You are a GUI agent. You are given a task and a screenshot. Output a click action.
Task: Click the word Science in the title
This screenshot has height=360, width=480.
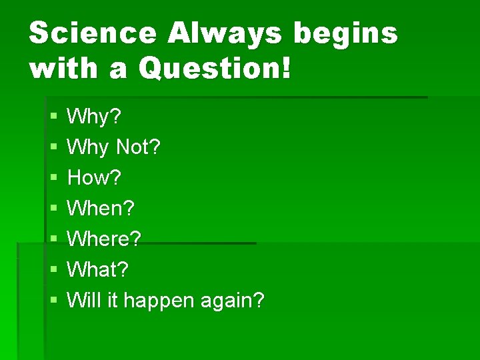pyautogui.click(x=91, y=33)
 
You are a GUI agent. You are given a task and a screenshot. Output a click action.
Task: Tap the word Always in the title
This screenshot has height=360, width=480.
pyautogui.click(x=225, y=33)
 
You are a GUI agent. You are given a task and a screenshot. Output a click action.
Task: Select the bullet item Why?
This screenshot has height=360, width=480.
pyautogui.click(x=95, y=117)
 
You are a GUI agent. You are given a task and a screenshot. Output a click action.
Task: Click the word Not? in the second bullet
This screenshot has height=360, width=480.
pyautogui.click(x=139, y=147)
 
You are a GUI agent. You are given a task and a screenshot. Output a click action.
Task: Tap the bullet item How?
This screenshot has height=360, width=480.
pyautogui.click(x=95, y=178)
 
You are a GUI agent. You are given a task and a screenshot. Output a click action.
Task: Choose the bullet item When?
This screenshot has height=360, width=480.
pyautogui.click(x=101, y=209)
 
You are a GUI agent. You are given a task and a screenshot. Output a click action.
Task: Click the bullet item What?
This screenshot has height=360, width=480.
pyautogui.click(x=98, y=270)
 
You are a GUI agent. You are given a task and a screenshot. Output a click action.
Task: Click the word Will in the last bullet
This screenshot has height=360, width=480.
pyautogui.click(x=83, y=301)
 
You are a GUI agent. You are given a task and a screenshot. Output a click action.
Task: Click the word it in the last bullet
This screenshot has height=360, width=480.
pyautogui.click(x=111, y=301)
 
